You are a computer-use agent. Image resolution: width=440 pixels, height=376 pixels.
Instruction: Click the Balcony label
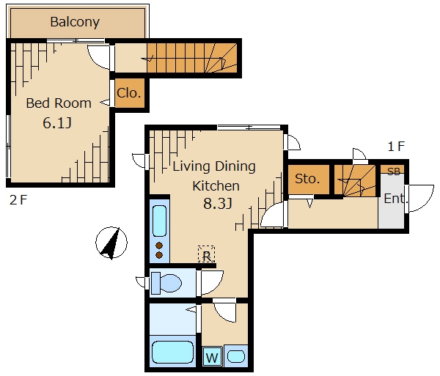point(75,22)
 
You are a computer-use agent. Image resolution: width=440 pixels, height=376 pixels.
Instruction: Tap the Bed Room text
point(59,103)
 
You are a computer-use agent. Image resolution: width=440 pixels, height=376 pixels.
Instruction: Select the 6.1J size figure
point(57,123)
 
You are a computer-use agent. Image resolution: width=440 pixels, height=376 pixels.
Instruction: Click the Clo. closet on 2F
point(130,93)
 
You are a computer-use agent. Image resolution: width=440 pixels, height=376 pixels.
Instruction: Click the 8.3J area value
point(218,204)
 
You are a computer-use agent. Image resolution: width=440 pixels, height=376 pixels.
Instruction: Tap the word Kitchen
point(216,186)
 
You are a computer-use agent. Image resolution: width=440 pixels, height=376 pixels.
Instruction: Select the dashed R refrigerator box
point(206,254)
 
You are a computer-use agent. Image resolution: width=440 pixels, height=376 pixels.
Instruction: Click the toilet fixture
point(166,283)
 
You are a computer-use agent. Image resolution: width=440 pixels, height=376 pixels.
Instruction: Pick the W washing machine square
point(213,357)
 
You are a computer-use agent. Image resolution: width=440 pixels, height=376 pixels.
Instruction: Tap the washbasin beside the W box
point(236,357)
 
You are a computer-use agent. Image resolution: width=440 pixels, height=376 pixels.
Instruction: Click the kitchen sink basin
point(159,221)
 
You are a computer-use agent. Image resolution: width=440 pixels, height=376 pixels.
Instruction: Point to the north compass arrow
point(111,243)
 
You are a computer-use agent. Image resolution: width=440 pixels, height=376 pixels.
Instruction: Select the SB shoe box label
point(393,172)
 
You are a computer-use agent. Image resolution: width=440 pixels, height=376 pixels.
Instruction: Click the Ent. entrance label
point(396,199)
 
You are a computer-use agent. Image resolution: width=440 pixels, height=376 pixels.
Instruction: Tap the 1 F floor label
point(396,147)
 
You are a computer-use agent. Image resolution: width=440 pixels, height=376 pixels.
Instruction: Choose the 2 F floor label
point(18,200)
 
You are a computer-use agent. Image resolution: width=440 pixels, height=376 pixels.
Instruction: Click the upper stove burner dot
point(159,246)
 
